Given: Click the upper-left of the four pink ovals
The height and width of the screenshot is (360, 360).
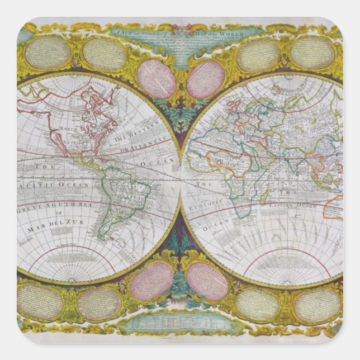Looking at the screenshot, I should tap(155, 78).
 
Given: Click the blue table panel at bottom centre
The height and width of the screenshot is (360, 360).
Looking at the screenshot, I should tap(180, 324).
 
